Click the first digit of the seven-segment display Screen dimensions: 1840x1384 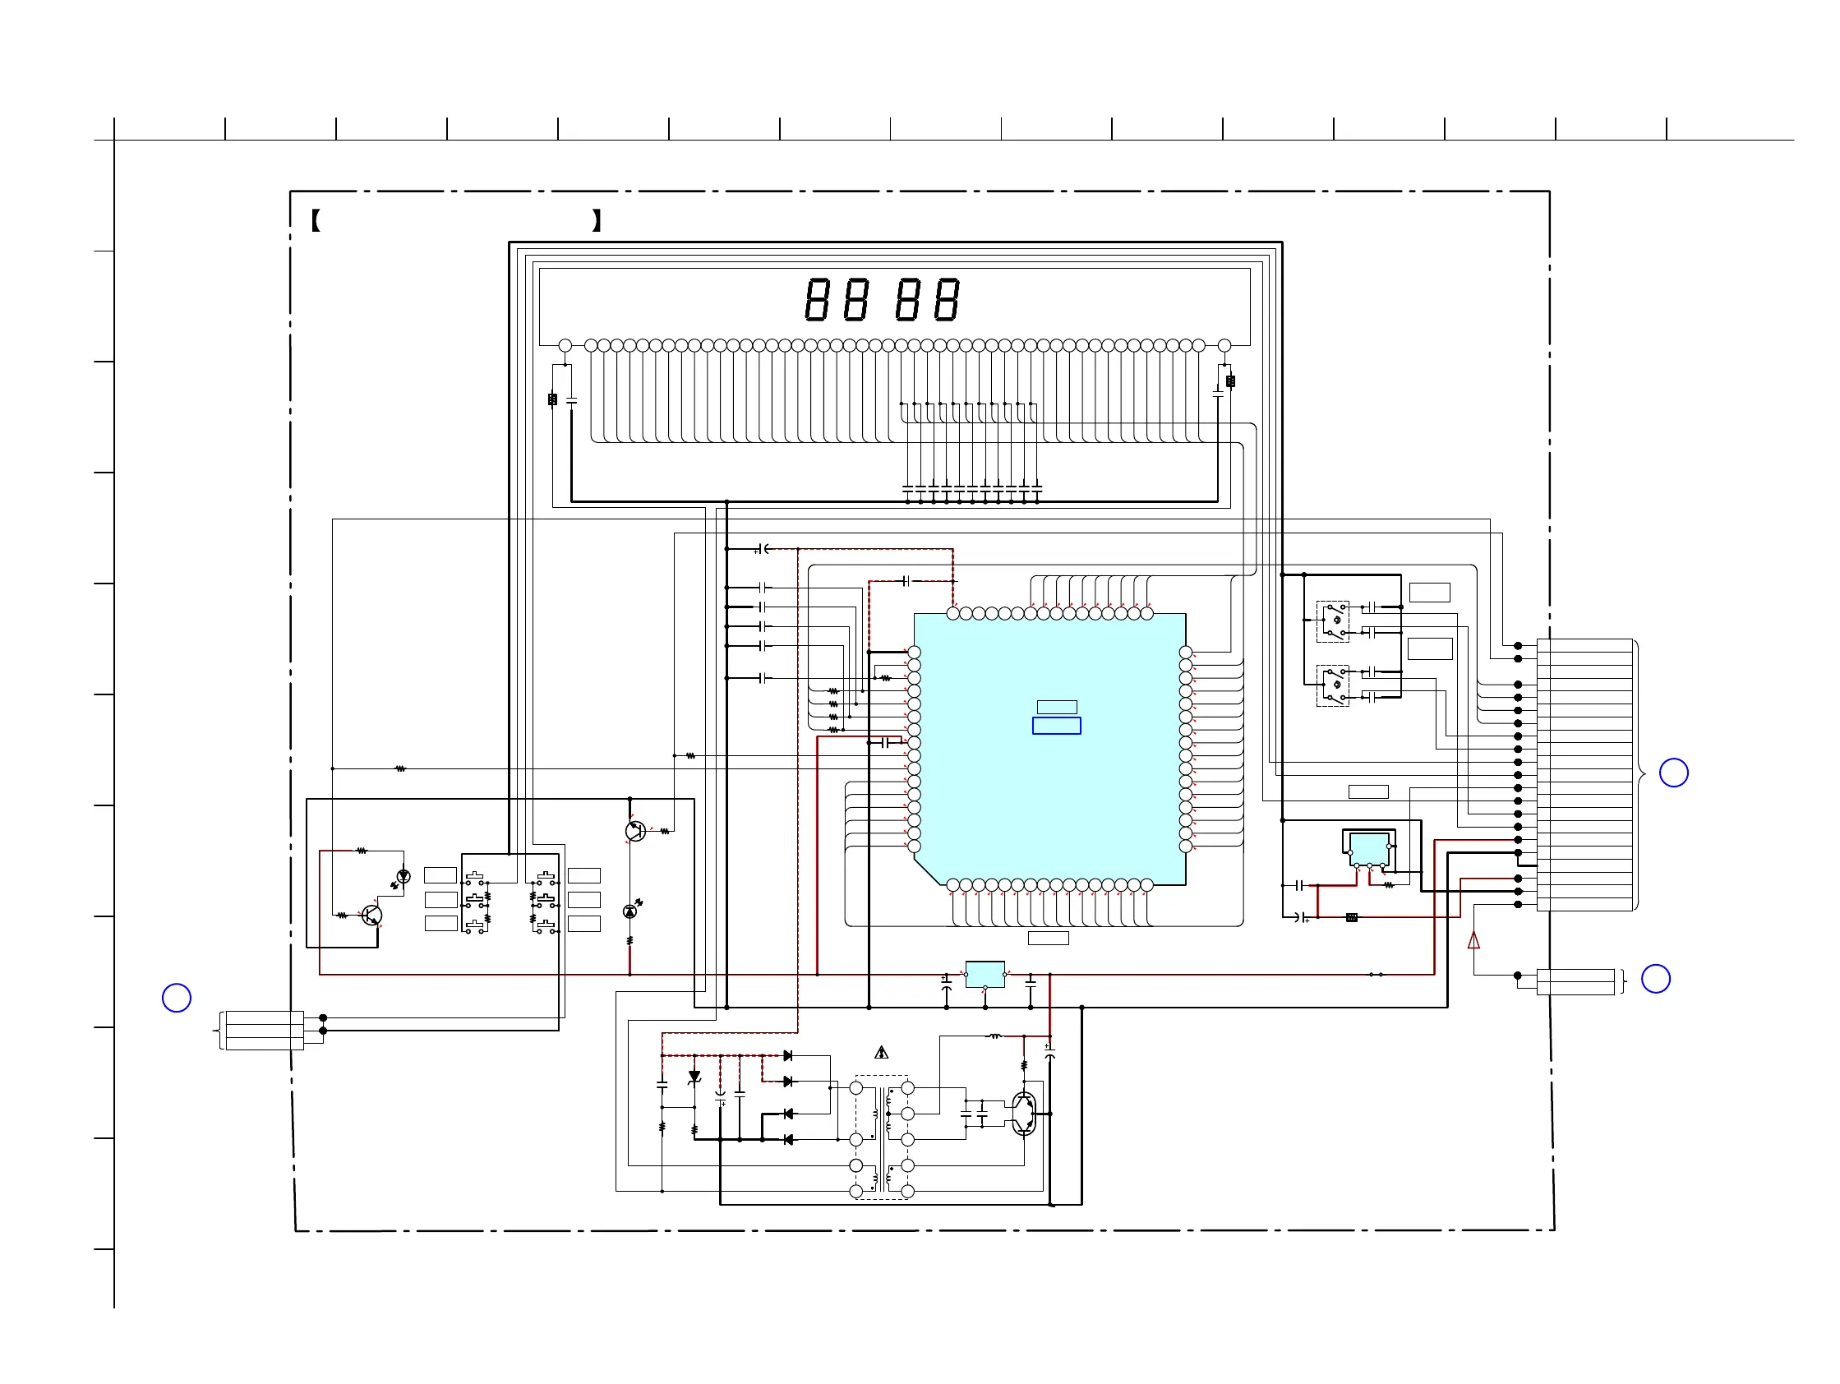816,299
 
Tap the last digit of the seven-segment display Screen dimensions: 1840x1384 947,299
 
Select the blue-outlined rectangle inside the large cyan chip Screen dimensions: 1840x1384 1057,725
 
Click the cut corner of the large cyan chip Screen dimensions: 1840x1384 928,872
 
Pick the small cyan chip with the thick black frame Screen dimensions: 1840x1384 1369,849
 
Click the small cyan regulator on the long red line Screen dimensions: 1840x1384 985,974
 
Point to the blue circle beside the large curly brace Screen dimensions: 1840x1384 1674,773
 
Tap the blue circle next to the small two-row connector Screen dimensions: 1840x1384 1655,978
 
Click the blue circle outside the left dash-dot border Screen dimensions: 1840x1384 177,997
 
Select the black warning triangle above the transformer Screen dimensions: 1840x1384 882,1053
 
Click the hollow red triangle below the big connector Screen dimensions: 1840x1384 1474,941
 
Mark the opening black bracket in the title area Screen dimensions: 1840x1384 316,220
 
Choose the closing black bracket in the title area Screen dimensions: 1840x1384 597,220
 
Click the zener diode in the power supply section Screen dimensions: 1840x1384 694,1077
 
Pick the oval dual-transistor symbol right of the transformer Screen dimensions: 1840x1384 1025,1114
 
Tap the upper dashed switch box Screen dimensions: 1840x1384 1333,621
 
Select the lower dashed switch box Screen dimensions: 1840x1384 1333,685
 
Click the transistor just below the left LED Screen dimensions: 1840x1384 371,916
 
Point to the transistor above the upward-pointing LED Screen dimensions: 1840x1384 635,831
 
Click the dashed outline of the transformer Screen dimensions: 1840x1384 882,1137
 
